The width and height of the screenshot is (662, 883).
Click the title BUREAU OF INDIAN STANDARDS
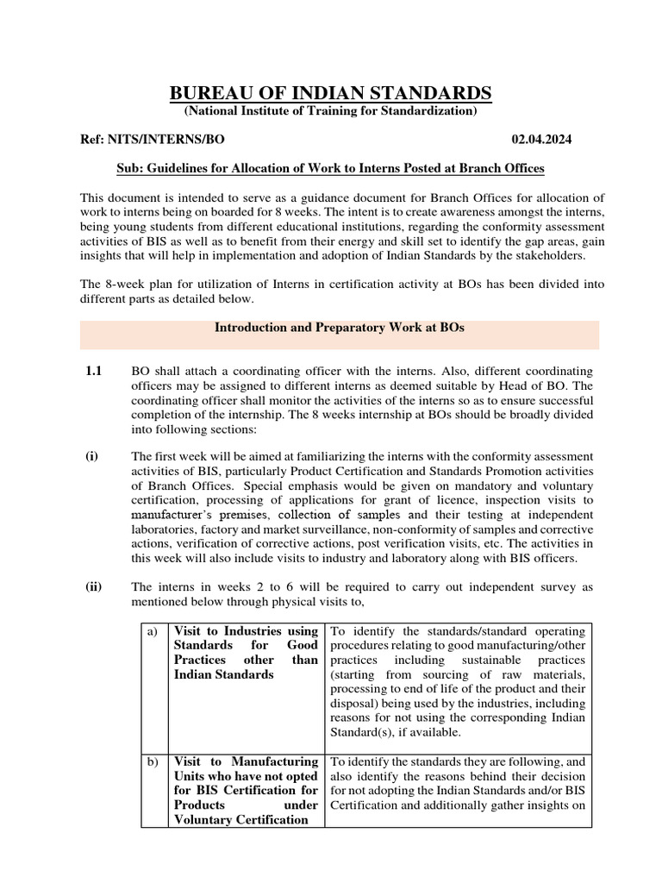[330, 92]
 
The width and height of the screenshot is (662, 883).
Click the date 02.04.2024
[541, 139]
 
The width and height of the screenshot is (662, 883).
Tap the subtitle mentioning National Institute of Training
[330, 111]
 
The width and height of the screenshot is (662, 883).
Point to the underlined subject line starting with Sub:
[330, 167]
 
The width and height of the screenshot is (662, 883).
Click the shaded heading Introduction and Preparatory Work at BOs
[340, 328]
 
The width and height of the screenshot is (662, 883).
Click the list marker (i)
[91, 456]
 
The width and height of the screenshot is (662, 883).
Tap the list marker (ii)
[93, 587]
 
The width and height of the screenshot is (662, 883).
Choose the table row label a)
[153, 631]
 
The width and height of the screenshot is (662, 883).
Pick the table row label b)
[153, 761]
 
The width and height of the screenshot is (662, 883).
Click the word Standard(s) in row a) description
[361, 733]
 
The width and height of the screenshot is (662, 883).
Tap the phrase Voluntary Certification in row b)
[240, 820]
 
